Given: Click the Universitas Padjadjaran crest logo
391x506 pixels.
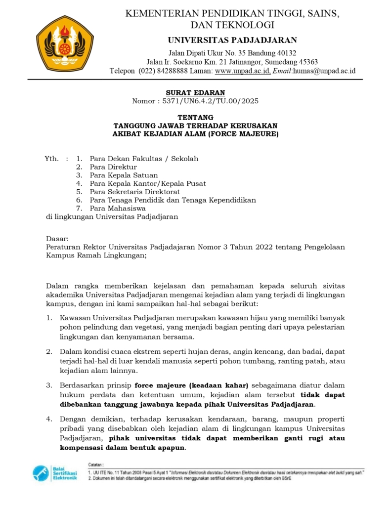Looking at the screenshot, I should click(65, 43).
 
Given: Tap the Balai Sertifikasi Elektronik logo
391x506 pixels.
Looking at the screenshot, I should click(55, 473).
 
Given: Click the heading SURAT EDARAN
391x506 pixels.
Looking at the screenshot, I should click(195, 92).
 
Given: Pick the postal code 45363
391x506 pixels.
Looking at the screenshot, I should click(306, 62).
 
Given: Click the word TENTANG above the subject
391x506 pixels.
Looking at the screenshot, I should click(195, 118).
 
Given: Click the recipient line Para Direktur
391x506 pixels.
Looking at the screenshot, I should click(113, 167).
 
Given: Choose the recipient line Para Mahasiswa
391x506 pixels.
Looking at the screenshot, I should click(118, 208).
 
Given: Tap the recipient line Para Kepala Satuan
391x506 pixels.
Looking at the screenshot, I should click(124, 175).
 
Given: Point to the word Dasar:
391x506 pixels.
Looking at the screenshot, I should click(57, 238).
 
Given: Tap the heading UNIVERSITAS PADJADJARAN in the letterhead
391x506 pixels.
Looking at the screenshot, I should click(232, 40).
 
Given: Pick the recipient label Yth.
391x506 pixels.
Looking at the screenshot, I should click(52, 159).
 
